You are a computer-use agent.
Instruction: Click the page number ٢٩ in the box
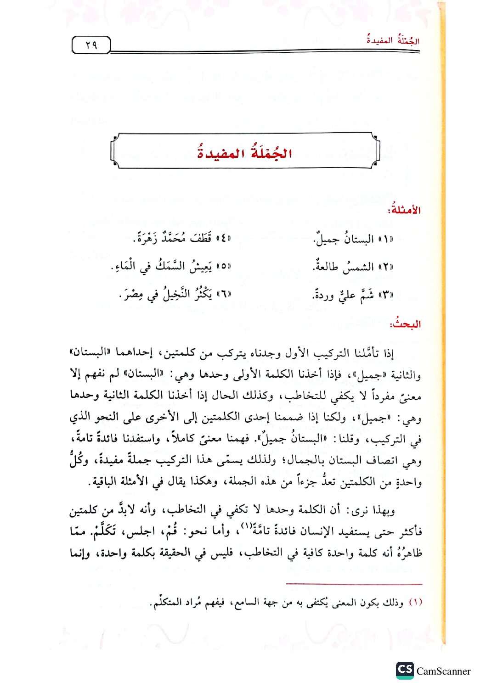pos(91,45)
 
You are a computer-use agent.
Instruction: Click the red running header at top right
pos(393,40)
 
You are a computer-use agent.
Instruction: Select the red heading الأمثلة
pos(404,210)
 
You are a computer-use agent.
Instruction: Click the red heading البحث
pos(405,324)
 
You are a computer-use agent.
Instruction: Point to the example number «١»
pos(385,240)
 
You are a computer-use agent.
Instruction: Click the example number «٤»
pos(223,239)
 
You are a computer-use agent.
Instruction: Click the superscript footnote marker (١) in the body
pos(247,525)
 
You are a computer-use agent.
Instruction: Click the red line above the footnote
pos(354,584)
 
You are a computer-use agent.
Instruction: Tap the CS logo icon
pos(405,670)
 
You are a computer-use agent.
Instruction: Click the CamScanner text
pos(443,671)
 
